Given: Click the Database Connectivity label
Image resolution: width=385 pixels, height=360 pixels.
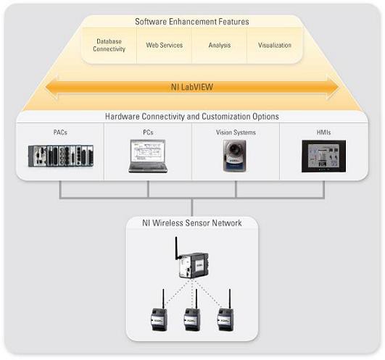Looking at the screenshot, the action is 109,45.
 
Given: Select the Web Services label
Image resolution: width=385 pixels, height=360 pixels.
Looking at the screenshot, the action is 165,45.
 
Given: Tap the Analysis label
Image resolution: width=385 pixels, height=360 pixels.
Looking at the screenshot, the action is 220,45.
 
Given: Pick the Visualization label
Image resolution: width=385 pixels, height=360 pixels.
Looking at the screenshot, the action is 275,45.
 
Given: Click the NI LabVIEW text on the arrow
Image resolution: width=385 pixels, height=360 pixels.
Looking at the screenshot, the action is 192,87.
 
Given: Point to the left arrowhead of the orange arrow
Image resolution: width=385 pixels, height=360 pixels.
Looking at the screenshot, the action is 51,88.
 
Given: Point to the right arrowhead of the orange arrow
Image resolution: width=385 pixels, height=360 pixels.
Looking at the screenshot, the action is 333,88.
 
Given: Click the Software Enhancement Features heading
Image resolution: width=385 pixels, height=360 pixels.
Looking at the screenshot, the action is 192,22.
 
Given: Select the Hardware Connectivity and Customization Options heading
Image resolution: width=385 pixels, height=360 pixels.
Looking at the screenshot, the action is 192,116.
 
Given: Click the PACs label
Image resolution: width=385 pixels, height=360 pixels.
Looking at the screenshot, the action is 60,133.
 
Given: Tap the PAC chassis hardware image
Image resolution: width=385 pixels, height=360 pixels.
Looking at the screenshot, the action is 61,156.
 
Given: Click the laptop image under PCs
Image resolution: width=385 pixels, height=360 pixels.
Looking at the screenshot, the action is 148,156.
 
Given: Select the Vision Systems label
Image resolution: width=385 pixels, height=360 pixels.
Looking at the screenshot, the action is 236,133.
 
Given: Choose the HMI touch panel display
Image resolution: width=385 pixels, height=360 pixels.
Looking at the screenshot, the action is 323,156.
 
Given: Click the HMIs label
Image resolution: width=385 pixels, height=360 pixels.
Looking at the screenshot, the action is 323,133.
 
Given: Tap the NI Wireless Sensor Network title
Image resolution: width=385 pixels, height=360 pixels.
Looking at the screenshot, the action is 192,223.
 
